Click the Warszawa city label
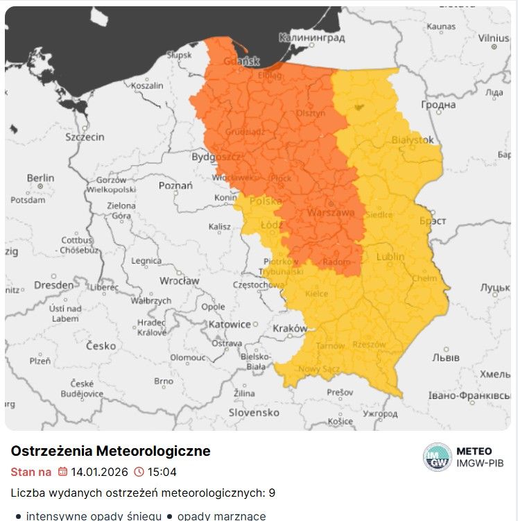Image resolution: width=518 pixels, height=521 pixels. [331, 212]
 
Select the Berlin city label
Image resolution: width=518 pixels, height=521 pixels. [40, 178]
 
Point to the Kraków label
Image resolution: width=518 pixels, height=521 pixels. [290, 328]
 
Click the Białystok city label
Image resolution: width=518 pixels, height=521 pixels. [413, 139]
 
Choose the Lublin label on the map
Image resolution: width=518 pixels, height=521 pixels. [390, 257]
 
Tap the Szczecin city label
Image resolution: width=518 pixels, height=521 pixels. [85, 137]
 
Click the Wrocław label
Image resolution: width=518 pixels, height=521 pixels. [180, 281]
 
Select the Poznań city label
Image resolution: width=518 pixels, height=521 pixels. [175, 185]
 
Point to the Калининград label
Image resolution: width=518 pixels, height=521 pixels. [311, 37]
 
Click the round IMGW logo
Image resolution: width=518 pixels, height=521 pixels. [437, 457]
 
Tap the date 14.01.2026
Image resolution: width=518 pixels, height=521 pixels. [99, 472]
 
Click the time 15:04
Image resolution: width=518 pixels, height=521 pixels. [162, 472]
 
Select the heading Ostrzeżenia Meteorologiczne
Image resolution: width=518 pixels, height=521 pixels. [110, 451]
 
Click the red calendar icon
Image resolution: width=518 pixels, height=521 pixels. [62, 472]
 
